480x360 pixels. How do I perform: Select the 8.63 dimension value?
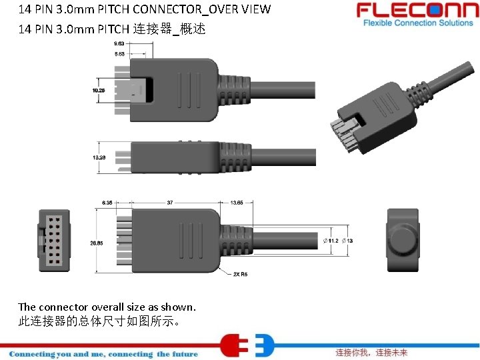click(120, 53)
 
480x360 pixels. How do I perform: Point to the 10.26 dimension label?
click(98, 90)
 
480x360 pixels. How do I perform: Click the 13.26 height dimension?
click(98, 157)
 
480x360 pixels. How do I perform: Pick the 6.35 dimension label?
click(107, 202)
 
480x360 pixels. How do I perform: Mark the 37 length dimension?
click(169, 202)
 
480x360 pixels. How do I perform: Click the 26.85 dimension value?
click(96, 243)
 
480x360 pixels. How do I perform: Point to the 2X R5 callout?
click(240, 273)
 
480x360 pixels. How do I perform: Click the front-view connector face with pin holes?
click(53, 241)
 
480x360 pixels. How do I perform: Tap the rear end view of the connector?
click(403, 239)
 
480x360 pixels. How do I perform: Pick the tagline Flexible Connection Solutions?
click(418, 23)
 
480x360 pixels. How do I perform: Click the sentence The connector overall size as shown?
click(107, 307)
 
